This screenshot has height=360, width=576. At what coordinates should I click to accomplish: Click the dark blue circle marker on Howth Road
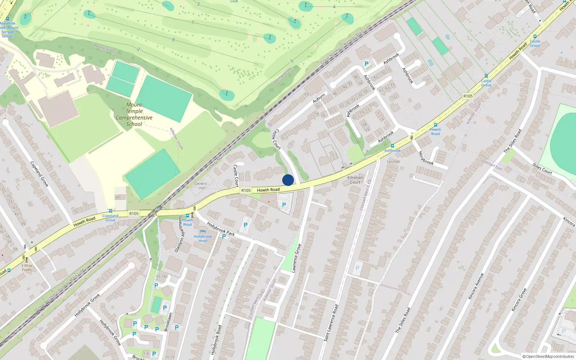point(288,180)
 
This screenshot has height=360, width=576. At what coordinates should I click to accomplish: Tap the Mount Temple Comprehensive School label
point(134,114)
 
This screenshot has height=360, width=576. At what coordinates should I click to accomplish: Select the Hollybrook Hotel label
point(203,238)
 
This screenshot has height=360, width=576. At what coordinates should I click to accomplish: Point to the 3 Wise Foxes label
point(27,267)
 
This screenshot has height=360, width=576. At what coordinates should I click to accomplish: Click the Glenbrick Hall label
point(201,185)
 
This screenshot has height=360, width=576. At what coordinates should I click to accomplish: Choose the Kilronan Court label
point(355,180)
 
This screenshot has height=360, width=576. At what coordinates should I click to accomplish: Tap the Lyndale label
point(393,161)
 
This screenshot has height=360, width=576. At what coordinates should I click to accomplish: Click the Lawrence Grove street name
point(296,258)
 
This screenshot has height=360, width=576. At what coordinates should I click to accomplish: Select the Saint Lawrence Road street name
point(331,323)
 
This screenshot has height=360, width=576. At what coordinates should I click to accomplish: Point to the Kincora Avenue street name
point(476,286)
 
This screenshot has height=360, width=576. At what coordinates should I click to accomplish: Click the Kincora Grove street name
point(519,300)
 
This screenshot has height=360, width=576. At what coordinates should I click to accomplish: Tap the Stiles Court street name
point(542,168)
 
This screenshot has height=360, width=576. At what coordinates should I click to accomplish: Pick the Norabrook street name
point(426,158)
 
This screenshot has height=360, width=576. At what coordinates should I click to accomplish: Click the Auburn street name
point(319,98)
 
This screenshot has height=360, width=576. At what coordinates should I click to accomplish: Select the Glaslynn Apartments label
point(179,234)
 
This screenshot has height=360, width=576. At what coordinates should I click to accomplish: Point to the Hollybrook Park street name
point(221,229)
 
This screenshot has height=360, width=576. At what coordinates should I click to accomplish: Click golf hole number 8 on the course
point(173,40)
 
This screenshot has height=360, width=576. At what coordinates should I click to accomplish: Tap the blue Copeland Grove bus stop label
point(110,218)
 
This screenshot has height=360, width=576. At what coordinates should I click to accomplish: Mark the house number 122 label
point(394,97)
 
